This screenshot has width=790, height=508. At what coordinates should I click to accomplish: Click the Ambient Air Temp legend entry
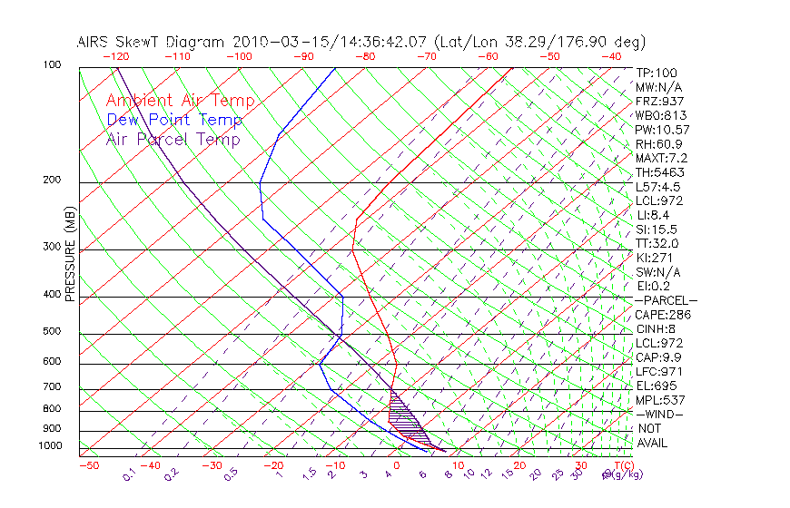(180, 101)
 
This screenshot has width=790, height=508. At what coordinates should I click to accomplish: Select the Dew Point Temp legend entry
(174, 120)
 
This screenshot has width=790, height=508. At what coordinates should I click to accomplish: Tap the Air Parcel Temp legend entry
(173, 139)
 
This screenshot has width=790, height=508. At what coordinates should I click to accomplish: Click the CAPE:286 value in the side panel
(663, 315)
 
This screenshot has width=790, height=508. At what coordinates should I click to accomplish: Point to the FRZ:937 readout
(659, 102)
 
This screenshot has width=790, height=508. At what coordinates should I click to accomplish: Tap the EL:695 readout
(657, 386)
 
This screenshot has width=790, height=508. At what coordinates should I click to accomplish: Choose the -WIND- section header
(659, 415)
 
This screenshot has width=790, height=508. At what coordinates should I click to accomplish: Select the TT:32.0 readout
(657, 244)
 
